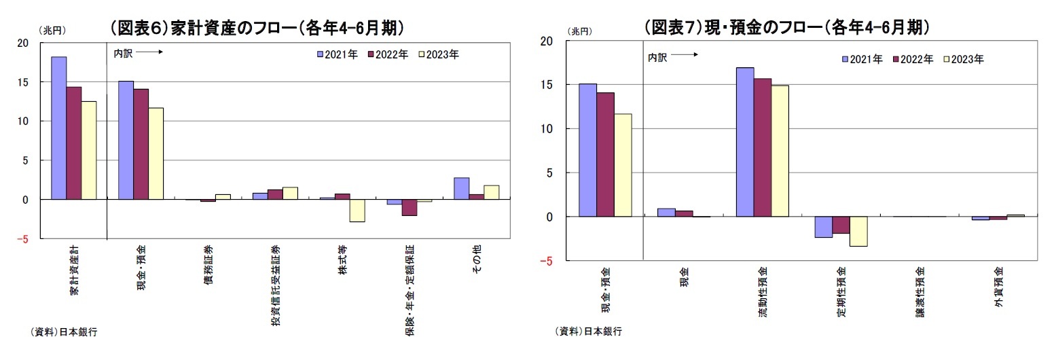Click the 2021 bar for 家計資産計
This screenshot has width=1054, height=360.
coord(58,128)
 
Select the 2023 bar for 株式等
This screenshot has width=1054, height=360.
coord(357,211)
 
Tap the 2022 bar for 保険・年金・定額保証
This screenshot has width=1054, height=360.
coord(409,207)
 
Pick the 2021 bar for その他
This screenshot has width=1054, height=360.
coord(462,188)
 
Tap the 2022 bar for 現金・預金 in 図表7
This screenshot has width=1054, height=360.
coord(605,154)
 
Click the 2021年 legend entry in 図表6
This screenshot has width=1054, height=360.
coord(338,54)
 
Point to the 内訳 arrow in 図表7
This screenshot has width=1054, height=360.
coord(685,57)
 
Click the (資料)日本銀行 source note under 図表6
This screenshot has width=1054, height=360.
coord(65,331)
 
